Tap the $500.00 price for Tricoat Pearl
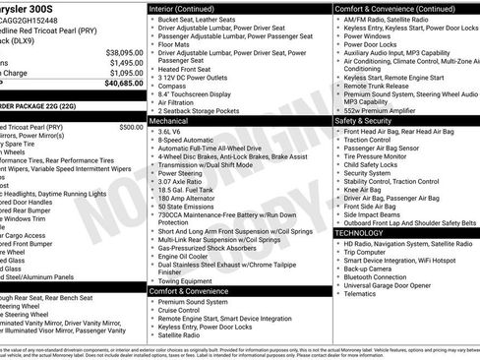(130, 127)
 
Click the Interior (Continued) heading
(190, 7)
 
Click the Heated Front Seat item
(189, 69)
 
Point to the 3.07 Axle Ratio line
(185, 181)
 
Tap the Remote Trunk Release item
(380, 86)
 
